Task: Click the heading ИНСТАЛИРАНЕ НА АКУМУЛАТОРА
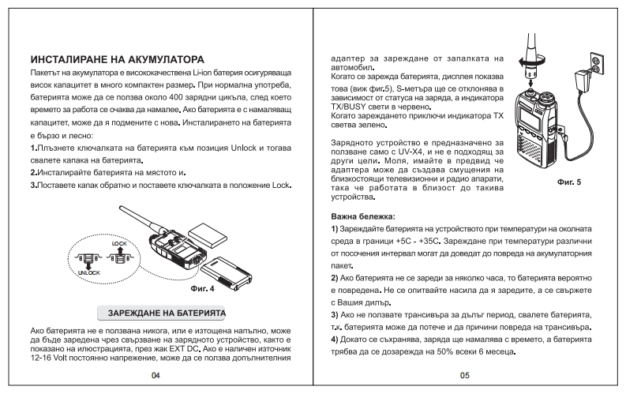116,59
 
